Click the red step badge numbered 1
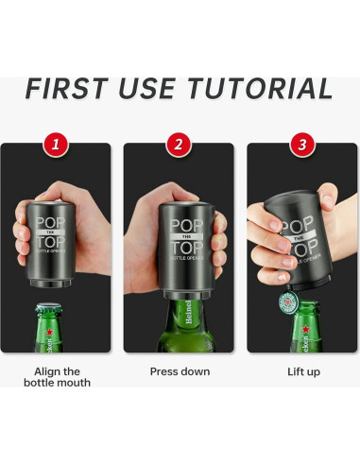click(56, 145)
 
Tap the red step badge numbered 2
click(179, 145)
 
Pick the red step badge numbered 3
click(302, 145)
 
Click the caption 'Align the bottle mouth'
click(62, 377)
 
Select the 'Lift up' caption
click(302, 371)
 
